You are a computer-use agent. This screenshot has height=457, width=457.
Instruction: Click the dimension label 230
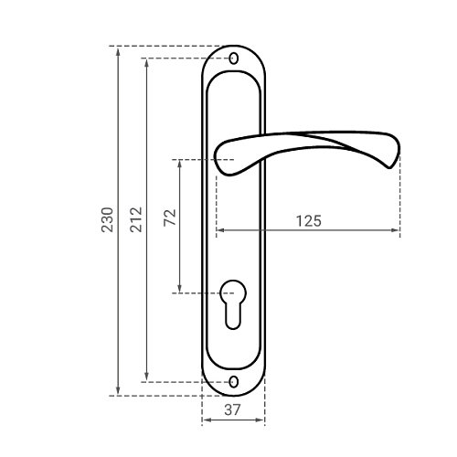click(x=107, y=219)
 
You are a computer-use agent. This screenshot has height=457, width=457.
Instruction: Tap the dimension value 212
click(x=136, y=219)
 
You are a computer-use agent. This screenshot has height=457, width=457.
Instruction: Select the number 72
click(x=170, y=218)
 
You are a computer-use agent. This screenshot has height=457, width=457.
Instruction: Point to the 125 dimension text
click(x=309, y=221)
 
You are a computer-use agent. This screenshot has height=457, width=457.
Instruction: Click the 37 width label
click(x=232, y=409)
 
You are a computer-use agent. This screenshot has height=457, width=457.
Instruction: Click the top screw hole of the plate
click(x=234, y=58)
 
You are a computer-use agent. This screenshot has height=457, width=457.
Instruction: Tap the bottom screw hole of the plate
click(x=234, y=382)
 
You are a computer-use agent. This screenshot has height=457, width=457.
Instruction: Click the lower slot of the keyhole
click(x=233, y=317)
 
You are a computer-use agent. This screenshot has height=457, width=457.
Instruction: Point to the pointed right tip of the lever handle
click(x=389, y=167)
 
